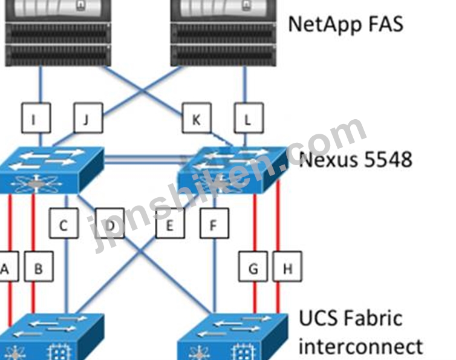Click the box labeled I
[36, 118]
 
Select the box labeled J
[88, 118]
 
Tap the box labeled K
[197, 118]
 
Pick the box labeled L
[249, 118]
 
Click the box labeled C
[64, 223]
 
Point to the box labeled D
[110, 223]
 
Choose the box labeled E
[170, 223]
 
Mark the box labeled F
[214, 223]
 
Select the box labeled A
[8, 267]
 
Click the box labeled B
[39, 267]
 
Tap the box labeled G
[253, 267]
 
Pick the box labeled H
[287, 267]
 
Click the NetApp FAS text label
[345, 24]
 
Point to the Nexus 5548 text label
[356, 160]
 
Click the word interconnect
[360, 346]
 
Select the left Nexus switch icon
[52, 170]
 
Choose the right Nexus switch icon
[232, 170]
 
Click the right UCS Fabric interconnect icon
[233, 337]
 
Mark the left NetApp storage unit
[58, 33]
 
